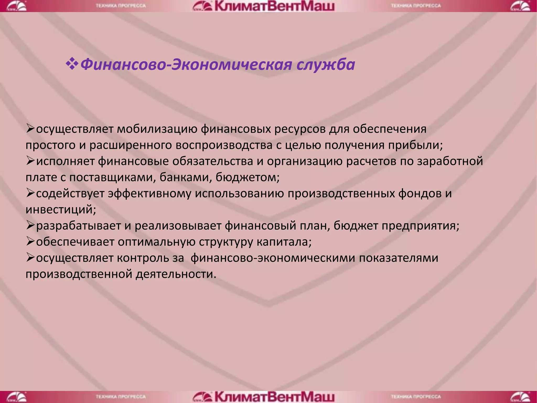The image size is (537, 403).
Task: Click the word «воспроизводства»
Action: pyautogui.click(x=224, y=145)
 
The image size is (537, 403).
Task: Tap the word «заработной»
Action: pyautogui.click(x=450, y=161)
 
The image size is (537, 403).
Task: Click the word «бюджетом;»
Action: pyautogui.click(x=248, y=177)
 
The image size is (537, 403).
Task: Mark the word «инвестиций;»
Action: pyautogui.click(x=61, y=210)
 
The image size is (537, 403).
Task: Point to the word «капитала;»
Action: pyautogui.click(x=284, y=242)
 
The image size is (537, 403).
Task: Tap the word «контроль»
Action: pyautogui.click(x=143, y=258)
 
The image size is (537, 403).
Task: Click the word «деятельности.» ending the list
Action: pyautogui.click(x=176, y=274)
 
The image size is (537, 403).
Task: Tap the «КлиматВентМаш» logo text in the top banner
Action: pyautogui.click(x=274, y=6)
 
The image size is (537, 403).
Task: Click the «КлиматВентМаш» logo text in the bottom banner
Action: pyautogui.click(x=274, y=397)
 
